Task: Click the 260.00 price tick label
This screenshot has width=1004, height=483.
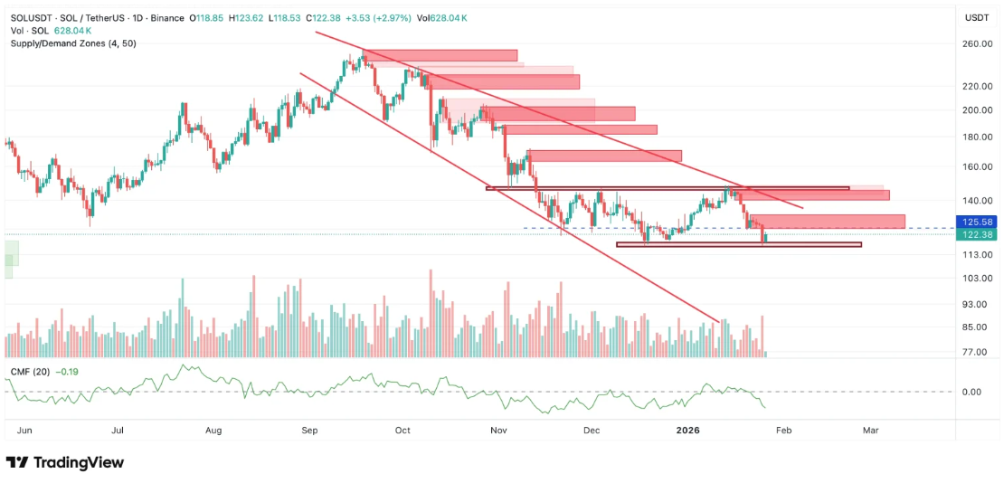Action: pyautogui.click(x=977, y=43)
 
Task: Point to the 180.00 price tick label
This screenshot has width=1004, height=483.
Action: pyautogui.click(x=977, y=137)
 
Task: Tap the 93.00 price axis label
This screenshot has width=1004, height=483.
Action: pyautogui.click(x=977, y=305)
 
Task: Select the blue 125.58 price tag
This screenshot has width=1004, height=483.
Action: pyautogui.click(x=977, y=222)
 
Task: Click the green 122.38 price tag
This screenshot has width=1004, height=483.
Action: pyautogui.click(x=977, y=234)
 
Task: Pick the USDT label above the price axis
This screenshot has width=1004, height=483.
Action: pyautogui.click(x=977, y=17)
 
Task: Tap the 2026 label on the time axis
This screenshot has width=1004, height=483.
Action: pyautogui.click(x=689, y=431)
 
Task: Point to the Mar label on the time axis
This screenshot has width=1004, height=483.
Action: pyautogui.click(x=870, y=431)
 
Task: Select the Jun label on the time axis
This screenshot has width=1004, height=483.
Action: pyautogui.click(x=24, y=431)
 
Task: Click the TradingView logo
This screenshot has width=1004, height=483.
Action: pyautogui.click(x=65, y=462)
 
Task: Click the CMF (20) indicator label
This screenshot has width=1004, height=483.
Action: pyautogui.click(x=31, y=372)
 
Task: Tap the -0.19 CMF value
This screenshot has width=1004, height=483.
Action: pyautogui.click(x=68, y=372)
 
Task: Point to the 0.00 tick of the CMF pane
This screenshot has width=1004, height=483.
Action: pyautogui.click(x=972, y=392)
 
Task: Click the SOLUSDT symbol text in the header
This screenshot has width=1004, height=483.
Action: pyautogui.click(x=30, y=17)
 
